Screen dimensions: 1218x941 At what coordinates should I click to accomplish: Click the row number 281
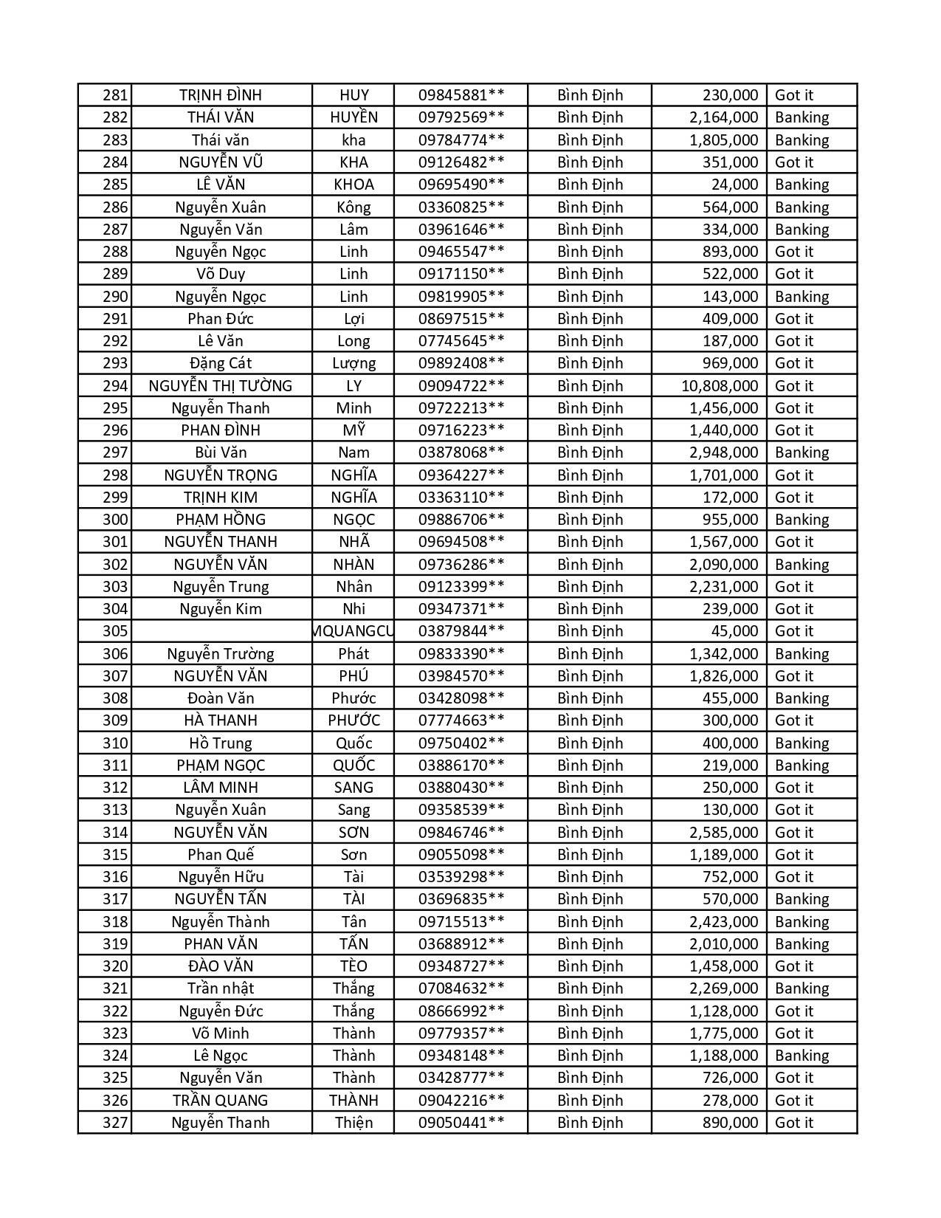(x=115, y=95)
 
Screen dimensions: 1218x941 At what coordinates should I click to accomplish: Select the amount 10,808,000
(x=719, y=386)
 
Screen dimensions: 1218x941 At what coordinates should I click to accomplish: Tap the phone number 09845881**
(x=461, y=95)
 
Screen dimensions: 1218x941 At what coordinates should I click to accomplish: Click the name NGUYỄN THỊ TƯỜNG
(x=221, y=386)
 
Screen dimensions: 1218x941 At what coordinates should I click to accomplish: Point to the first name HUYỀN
(x=354, y=117)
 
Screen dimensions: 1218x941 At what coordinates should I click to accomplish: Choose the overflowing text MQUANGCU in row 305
(x=354, y=631)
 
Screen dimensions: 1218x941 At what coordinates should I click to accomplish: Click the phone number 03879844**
(x=461, y=631)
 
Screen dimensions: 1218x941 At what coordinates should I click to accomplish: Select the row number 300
(x=115, y=520)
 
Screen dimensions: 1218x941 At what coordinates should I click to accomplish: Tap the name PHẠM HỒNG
(x=221, y=520)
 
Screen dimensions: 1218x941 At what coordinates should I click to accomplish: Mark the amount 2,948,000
(x=723, y=453)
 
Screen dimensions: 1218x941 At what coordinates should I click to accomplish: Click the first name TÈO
(x=354, y=966)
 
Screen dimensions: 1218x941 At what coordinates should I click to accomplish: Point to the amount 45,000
(x=734, y=631)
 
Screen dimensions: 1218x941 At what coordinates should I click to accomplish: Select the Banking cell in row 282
(x=802, y=117)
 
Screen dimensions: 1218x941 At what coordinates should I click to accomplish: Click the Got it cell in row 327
(x=793, y=1123)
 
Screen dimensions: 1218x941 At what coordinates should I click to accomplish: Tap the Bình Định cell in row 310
(x=590, y=743)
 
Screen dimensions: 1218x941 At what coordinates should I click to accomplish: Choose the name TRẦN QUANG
(x=221, y=1101)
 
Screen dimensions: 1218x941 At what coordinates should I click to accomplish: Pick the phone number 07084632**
(x=461, y=988)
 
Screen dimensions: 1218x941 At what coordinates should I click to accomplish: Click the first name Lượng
(x=354, y=363)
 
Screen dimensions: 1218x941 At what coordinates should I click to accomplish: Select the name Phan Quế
(x=221, y=855)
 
